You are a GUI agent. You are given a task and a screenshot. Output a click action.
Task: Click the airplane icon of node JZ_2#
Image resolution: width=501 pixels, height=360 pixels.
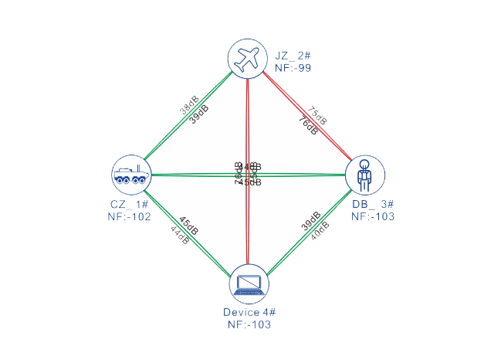coord(248,58)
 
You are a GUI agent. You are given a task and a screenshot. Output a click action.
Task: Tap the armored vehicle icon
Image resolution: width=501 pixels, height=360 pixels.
coord(130,175)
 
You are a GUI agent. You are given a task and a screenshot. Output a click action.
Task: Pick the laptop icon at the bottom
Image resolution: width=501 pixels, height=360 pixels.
coord(249,284)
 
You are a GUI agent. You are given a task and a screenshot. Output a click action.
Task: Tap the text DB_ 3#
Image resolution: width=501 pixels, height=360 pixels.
coord(372,205)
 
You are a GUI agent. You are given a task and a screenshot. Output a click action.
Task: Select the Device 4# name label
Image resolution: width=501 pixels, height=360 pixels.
coord(249,312)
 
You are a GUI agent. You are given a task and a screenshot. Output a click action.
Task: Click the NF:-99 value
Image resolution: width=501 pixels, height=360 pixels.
coord(293,67)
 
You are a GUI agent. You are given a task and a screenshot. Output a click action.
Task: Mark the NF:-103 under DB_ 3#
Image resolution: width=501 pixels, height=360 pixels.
coord(372,217)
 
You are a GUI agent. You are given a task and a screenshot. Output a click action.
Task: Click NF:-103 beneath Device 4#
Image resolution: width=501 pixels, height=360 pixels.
coord(249,325)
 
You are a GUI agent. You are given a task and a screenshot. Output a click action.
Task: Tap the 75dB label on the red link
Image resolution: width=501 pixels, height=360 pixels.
coord(317,115)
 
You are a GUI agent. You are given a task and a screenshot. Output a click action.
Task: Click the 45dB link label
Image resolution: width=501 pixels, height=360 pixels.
coord(189,224)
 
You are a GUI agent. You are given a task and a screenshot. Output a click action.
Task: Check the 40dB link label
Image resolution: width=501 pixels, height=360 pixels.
coord(320,230)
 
